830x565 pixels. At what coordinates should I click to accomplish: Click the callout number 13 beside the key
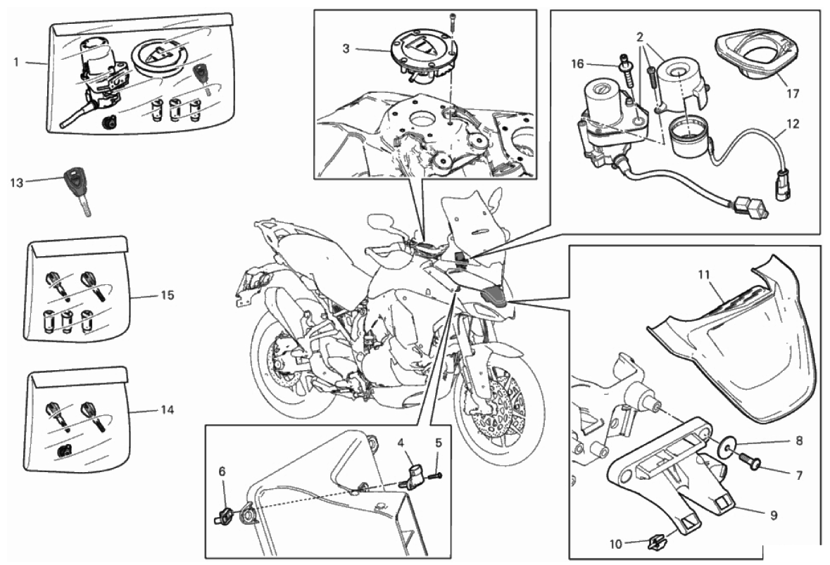pyautogui.click(x=17, y=182)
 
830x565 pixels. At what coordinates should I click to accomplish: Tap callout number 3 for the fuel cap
pyautogui.click(x=346, y=49)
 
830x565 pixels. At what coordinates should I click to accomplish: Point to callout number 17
pyautogui.click(x=792, y=93)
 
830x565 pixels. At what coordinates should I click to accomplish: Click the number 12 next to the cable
pyautogui.click(x=793, y=124)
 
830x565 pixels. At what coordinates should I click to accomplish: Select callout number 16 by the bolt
pyautogui.click(x=577, y=64)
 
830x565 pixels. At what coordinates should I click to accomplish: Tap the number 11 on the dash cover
pyautogui.click(x=703, y=275)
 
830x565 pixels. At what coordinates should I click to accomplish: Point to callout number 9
pyautogui.click(x=774, y=514)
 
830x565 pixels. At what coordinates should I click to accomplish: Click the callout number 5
pyautogui.click(x=438, y=443)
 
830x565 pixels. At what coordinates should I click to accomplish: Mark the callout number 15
pyautogui.click(x=168, y=295)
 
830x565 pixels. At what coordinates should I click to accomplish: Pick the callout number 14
pyautogui.click(x=168, y=410)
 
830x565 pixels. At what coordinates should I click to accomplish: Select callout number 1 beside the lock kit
pyautogui.click(x=16, y=63)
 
